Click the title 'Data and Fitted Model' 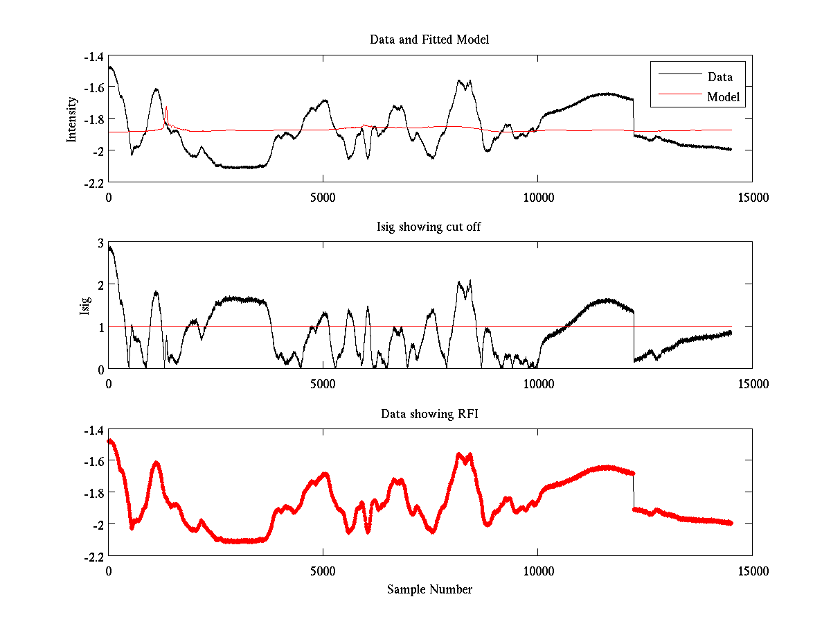429,40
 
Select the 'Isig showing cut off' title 429,227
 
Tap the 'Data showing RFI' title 429,414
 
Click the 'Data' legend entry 720,77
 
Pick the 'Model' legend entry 723,97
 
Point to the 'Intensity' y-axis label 71,119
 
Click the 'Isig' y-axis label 85,306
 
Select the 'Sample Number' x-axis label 429,590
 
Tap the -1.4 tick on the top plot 93,56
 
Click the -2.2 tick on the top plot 93,182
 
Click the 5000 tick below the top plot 323,197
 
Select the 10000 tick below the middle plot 537,383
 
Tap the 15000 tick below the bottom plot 752,571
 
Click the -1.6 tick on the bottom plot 93,461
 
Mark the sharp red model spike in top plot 167,107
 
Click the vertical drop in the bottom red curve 633,492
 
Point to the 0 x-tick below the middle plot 109,383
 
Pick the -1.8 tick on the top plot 93,119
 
